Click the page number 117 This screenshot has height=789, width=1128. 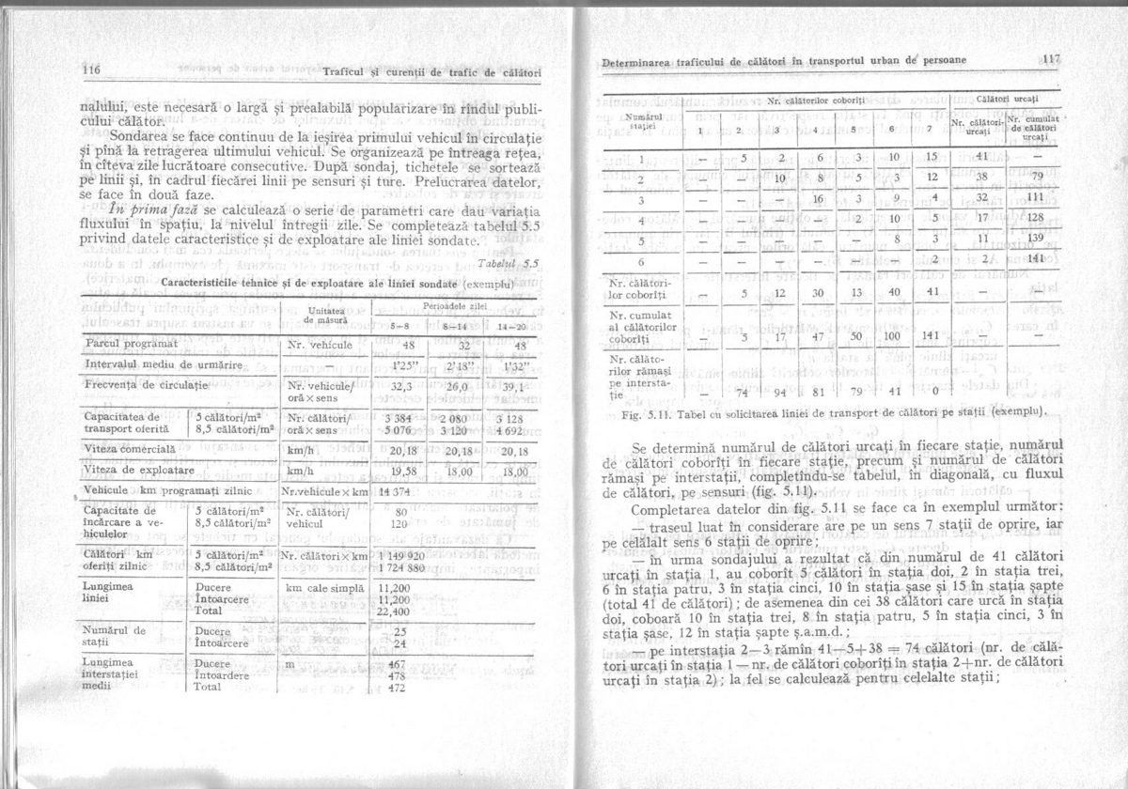click(x=1050, y=58)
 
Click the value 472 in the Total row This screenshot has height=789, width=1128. click(x=396, y=687)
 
